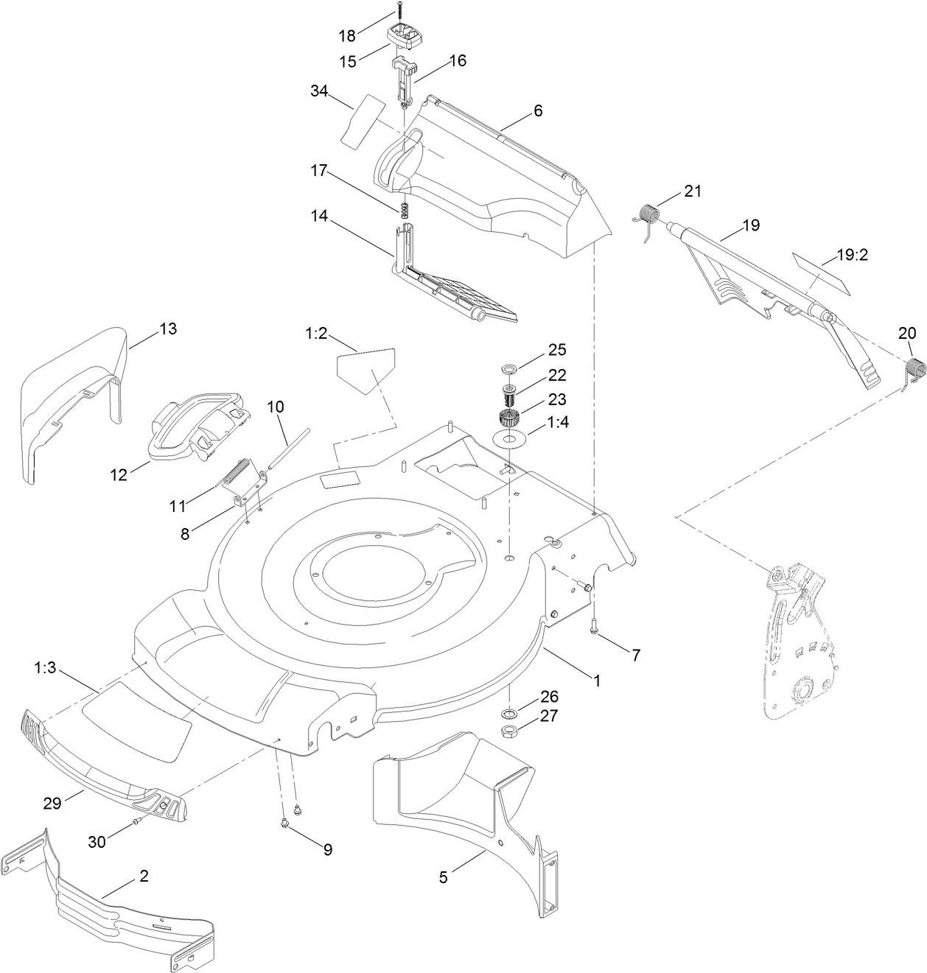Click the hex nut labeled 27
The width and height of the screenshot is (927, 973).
pyautogui.click(x=508, y=731)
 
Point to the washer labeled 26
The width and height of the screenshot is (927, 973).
pyautogui.click(x=508, y=713)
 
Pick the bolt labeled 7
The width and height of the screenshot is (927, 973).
pyautogui.click(x=594, y=627)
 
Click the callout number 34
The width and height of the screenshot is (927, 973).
pyautogui.click(x=319, y=91)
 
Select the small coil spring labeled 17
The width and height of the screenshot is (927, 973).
pyautogui.click(x=404, y=210)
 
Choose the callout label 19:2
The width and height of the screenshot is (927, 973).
pyautogui.click(x=853, y=256)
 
